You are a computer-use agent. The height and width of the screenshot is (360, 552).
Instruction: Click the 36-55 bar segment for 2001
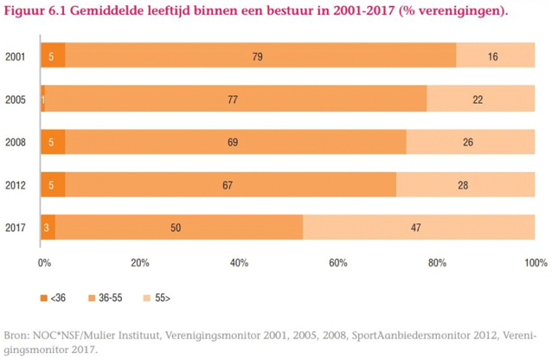pyautogui.click(x=260, y=57)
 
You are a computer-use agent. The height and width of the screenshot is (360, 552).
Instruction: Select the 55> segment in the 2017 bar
pyautogui.click(x=419, y=228)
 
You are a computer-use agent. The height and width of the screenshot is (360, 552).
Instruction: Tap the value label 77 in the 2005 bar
pyautogui.click(x=233, y=100)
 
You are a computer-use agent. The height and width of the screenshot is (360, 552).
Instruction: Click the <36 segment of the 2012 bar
pyautogui.click(x=53, y=185)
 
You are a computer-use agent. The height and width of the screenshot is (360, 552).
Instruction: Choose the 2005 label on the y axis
pyautogui.click(x=14, y=100)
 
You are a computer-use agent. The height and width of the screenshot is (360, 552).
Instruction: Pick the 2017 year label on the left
pyautogui.click(x=14, y=228)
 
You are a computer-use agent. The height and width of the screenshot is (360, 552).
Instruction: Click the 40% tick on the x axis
pyautogui.click(x=239, y=262)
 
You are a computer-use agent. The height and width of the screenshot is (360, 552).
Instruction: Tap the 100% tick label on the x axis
pyautogui.click(x=535, y=262)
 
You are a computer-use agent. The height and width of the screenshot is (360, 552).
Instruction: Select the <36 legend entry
pyautogui.click(x=53, y=299)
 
